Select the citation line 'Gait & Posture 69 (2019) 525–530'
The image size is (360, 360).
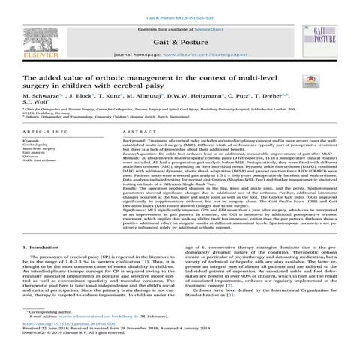pyautogui.click(x=179, y=6)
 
